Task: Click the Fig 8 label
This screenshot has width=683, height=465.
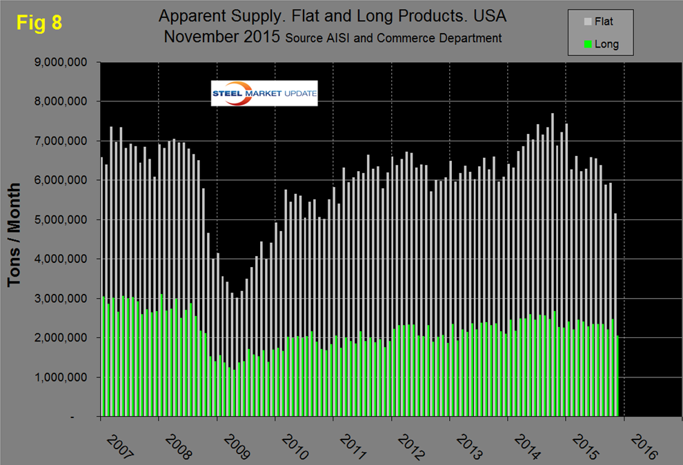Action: (x=39, y=22)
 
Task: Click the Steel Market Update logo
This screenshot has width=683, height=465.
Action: (x=264, y=94)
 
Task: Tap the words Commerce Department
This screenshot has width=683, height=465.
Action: (x=446, y=38)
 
